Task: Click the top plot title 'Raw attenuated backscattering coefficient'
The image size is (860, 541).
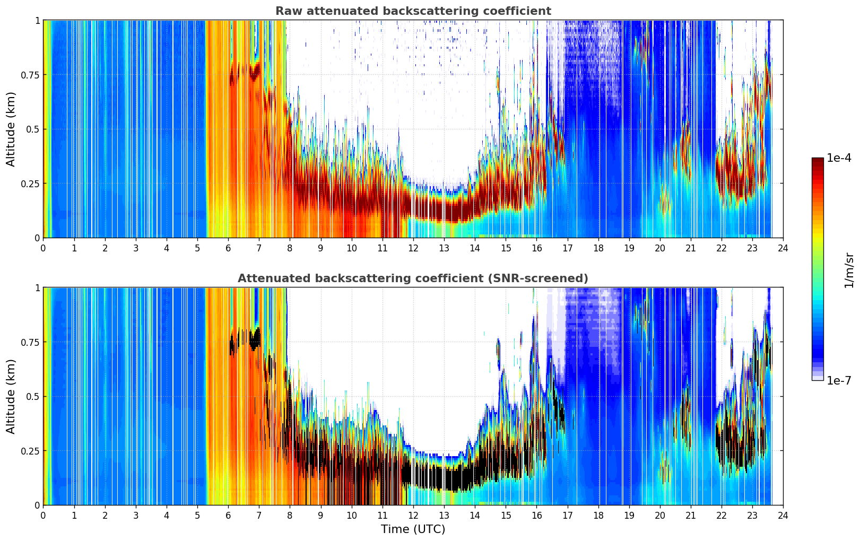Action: point(413,11)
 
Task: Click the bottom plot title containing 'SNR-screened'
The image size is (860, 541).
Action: point(413,278)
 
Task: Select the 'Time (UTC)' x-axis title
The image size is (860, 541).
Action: point(413,529)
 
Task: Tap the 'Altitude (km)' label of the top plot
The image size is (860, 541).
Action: point(11,129)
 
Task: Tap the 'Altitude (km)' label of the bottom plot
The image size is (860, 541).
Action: point(11,396)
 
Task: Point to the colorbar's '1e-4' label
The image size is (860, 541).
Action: point(839,158)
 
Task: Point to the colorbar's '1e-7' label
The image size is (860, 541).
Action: point(839,380)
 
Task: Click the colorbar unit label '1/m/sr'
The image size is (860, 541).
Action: point(849,270)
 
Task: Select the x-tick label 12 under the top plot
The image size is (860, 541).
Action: point(413,248)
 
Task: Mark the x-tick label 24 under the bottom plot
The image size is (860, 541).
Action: point(783,515)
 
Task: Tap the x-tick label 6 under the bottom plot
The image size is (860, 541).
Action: point(228,515)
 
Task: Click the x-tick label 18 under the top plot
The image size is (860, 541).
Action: point(598,248)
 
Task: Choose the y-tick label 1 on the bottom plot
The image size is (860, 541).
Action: point(37,288)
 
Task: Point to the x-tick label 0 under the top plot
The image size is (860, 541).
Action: point(43,248)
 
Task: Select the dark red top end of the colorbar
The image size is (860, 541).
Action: point(817,160)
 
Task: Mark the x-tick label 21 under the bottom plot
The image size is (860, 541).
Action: point(690,515)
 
